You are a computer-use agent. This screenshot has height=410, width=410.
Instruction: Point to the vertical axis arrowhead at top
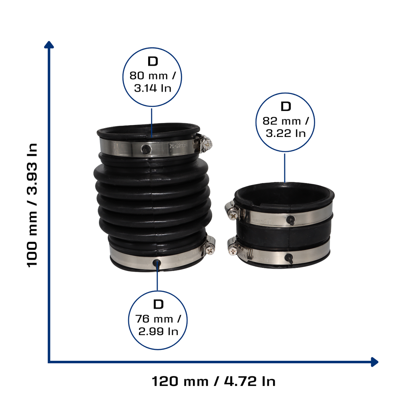49,44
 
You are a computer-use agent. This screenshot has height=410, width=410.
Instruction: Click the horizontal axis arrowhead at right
375,362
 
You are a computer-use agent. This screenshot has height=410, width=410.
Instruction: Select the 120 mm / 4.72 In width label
214,381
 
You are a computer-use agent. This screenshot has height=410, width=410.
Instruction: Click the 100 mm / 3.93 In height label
32,205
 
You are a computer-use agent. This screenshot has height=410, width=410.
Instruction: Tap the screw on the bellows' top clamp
207,144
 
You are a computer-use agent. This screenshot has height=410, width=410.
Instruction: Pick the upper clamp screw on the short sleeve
233,215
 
